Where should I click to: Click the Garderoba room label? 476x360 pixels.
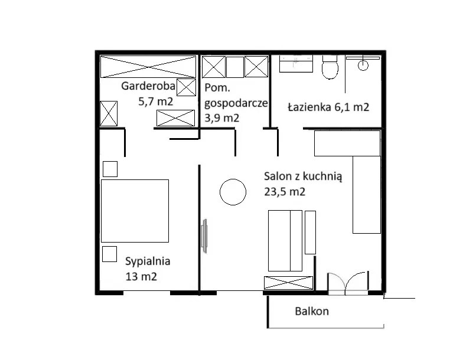[x=148, y=86]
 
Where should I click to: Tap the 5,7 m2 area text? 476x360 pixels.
[x=156, y=101]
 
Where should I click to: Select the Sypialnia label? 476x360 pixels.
[x=148, y=261]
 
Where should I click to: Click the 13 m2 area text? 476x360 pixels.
[x=141, y=277]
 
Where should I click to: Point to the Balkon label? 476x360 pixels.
[x=312, y=311]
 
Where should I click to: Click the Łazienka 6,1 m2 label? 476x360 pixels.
[x=328, y=107]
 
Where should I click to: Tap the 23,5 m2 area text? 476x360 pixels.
[x=285, y=192]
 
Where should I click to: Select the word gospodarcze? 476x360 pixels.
[x=236, y=103]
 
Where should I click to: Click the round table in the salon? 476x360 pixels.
[x=233, y=192]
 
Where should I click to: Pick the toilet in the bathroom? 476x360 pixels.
[x=330, y=67]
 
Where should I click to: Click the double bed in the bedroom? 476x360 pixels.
[x=135, y=211]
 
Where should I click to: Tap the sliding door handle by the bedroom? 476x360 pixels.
[x=205, y=236]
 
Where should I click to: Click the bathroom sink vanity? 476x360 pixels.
[x=296, y=64]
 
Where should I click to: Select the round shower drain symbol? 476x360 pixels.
[x=363, y=65]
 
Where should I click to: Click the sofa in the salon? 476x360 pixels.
[x=285, y=241]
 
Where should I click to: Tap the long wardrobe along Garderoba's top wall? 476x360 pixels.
[x=148, y=67]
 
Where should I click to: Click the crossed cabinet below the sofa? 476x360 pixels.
[x=288, y=283]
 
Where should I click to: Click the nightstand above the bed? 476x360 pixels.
[x=110, y=169]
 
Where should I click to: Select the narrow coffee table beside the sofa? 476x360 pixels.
[x=310, y=233]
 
